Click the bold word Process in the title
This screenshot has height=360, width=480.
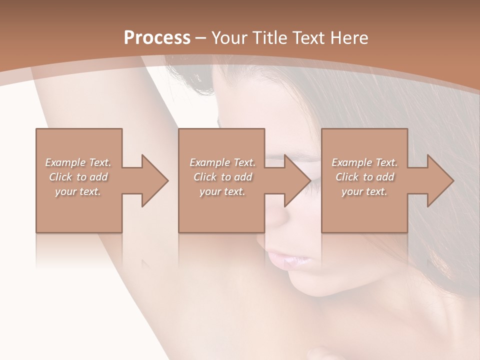(x=157, y=38)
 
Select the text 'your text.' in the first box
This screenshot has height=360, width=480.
(x=78, y=191)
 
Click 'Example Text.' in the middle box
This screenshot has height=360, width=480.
(x=222, y=162)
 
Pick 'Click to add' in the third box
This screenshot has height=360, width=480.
(x=364, y=177)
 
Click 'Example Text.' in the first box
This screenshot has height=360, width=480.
(x=78, y=162)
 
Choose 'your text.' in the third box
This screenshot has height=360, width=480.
(x=364, y=191)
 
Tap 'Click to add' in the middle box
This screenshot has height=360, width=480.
(x=222, y=177)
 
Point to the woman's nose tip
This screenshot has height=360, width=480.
(x=280, y=220)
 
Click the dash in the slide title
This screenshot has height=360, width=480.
(x=201, y=38)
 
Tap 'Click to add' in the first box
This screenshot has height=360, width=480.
(x=78, y=177)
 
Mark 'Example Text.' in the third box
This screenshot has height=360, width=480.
(x=364, y=162)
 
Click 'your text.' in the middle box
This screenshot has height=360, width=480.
(x=222, y=191)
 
